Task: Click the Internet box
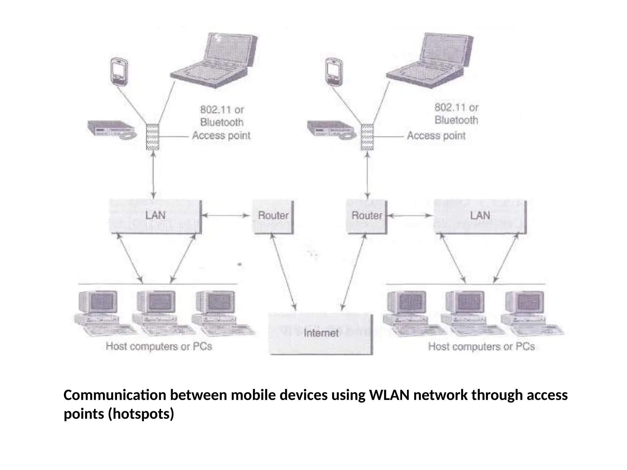coord(321,333)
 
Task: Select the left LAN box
coord(155,216)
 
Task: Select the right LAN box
coord(480,216)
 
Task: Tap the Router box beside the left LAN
coord(273,216)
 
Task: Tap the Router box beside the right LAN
coord(366,216)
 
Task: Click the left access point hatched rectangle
coord(152,137)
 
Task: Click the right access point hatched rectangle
coord(367,137)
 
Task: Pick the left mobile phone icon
coord(119,71)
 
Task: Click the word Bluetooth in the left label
coord(222,122)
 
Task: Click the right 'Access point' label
coord(436,136)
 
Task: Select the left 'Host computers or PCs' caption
coord(159,347)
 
